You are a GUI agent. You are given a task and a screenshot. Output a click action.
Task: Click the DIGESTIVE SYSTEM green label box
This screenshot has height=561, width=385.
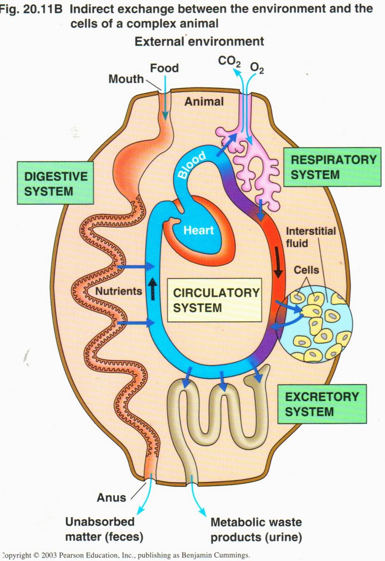56,183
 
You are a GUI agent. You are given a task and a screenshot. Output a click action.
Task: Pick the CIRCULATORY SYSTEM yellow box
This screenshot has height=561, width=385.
215,300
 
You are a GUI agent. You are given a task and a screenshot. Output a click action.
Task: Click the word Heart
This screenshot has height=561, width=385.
198,230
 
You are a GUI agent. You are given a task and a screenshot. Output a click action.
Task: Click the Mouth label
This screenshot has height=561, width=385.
126,78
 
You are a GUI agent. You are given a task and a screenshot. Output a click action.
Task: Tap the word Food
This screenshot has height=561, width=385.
164,68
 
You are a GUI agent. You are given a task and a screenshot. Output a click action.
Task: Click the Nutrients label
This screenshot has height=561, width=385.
118,291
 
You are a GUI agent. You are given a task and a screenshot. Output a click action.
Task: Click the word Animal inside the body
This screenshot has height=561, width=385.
205,101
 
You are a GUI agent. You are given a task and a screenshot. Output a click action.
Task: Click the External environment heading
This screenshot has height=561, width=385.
199,41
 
